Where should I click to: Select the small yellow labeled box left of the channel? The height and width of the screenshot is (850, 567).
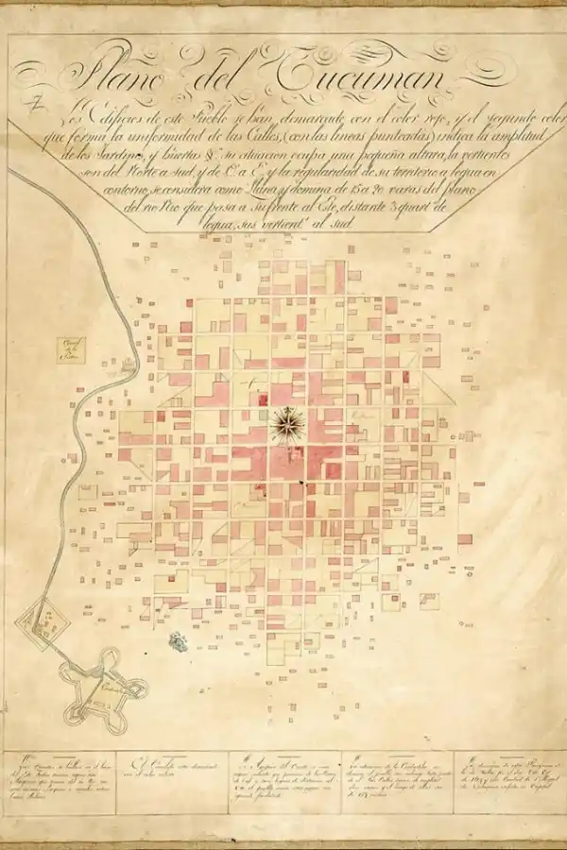(x=68, y=350)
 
